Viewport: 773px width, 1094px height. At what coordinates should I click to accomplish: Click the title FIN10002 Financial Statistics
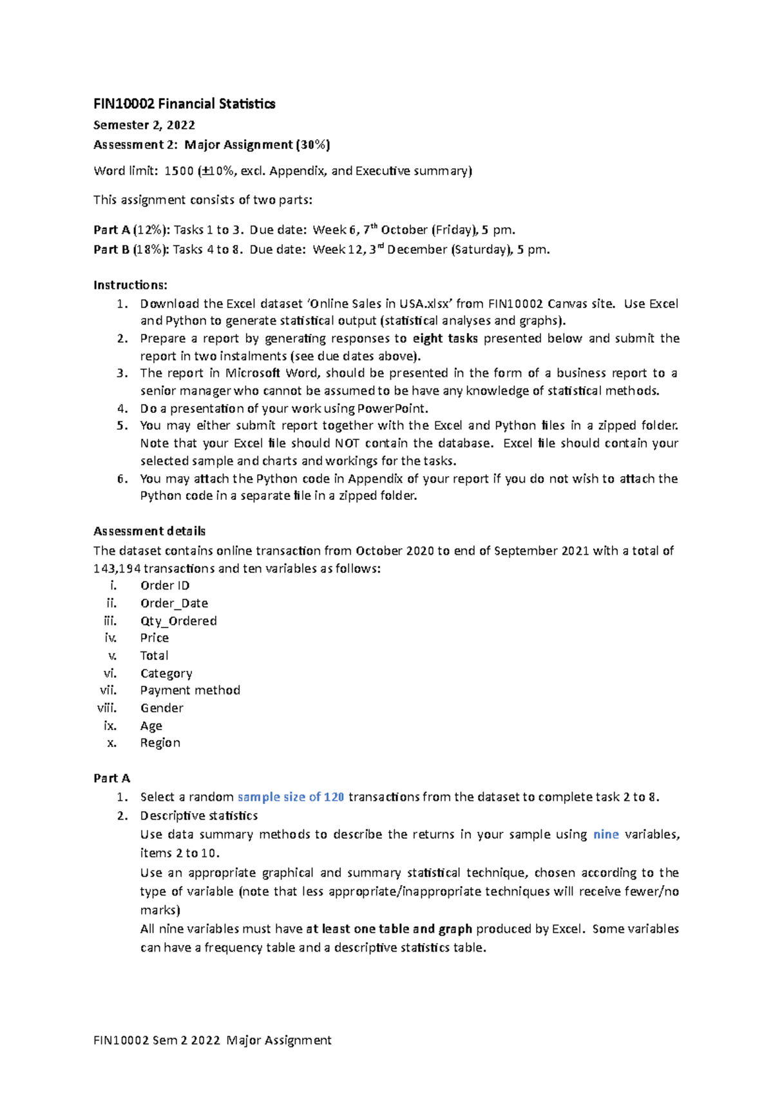point(184,104)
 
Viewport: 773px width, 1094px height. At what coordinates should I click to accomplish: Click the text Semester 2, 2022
point(144,125)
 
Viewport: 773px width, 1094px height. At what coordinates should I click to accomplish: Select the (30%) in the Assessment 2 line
point(313,145)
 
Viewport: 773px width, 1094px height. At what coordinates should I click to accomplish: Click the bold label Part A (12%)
point(131,230)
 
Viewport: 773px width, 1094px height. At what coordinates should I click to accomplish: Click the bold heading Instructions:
point(130,285)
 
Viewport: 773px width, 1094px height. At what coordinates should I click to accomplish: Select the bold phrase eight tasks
point(445,339)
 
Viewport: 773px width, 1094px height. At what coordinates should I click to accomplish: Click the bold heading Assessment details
point(149,531)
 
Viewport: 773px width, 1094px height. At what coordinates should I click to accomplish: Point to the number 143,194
point(117,568)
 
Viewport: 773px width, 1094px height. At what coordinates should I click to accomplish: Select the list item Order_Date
point(174,603)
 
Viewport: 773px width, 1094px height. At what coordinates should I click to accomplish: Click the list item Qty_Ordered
point(178,621)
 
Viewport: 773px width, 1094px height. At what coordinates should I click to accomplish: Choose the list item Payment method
point(190,690)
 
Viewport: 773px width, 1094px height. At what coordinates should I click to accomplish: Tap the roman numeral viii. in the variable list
point(107,707)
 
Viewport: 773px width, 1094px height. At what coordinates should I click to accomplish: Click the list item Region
point(160,743)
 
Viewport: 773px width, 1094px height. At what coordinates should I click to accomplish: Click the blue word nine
point(606,834)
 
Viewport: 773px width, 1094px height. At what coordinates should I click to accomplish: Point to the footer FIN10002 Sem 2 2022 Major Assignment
point(213,1040)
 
